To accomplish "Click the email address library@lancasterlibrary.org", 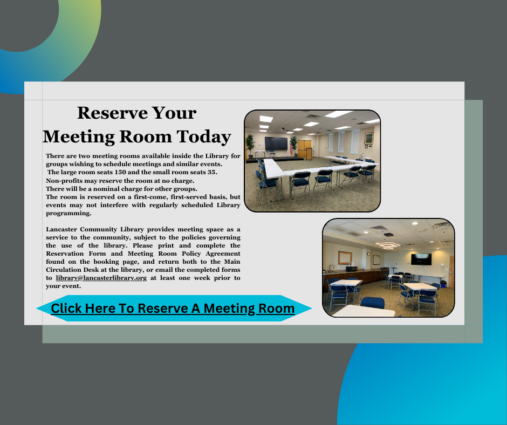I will [x=101, y=278].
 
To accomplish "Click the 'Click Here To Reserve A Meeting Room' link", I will [x=173, y=309].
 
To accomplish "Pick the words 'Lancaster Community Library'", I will [x=91, y=229].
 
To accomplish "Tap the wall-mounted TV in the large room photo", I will [x=276, y=144].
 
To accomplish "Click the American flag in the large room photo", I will [x=293, y=144].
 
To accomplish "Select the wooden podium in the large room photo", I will [x=309, y=153].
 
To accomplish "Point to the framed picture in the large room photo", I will [x=368, y=138].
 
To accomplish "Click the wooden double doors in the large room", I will [x=305, y=146].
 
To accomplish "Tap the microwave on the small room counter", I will [x=352, y=268].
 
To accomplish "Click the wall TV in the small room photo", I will [x=421, y=259].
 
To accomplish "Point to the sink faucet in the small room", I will [x=330, y=266].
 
